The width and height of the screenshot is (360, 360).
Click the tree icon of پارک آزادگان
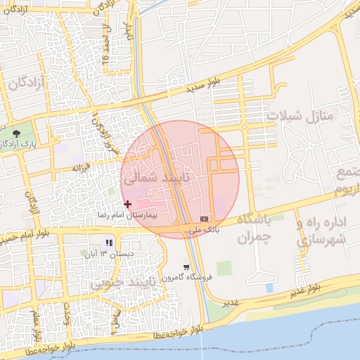pos(16,131)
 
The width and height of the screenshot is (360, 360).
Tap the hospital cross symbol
pos(127,203)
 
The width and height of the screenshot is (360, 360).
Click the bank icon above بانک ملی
pos(205,219)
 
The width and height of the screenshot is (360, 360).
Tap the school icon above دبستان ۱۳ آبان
pos(108,243)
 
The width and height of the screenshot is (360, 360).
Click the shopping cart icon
pos(186,267)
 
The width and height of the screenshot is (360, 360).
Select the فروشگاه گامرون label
pos(185,278)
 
